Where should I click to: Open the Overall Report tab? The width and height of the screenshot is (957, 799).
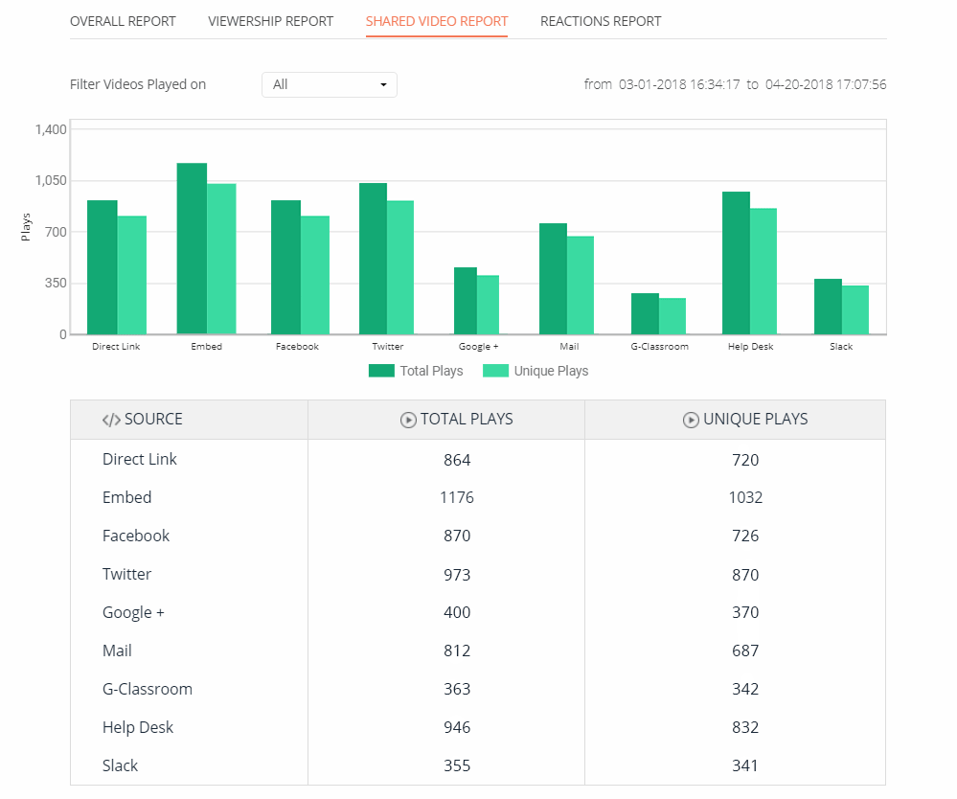click(123, 21)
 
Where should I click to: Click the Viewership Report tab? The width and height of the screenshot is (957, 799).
click(270, 21)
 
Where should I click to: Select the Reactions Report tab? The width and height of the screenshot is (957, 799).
click(600, 21)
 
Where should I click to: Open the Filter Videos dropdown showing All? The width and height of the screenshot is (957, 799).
click(329, 84)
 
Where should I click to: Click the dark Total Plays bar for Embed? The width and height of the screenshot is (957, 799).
click(192, 249)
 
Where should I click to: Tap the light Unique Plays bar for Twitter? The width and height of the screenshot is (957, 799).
click(400, 268)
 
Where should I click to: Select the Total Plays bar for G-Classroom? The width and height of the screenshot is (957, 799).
click(645, 314)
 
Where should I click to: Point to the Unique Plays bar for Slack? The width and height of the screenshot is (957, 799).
click(855, 310)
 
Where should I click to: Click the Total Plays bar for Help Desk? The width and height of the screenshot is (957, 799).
click(736, 263)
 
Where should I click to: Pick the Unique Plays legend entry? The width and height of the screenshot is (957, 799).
click(535, 371)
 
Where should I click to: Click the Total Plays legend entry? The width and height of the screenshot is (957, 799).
click(416, 371)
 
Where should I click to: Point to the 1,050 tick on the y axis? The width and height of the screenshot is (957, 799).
click(50, 180)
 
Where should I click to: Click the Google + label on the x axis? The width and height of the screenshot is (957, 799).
click(478, 347)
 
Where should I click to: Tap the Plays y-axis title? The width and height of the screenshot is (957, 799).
click(26, 226)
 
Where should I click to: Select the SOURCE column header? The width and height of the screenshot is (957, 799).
click(143, 420)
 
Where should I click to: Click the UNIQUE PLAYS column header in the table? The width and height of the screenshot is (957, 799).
click(745, 420)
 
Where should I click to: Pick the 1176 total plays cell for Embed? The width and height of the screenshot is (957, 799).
click(457, 497)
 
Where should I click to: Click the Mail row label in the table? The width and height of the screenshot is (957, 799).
click(117, 651)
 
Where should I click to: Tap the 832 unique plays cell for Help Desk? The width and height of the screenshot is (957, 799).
click(744, 727)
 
